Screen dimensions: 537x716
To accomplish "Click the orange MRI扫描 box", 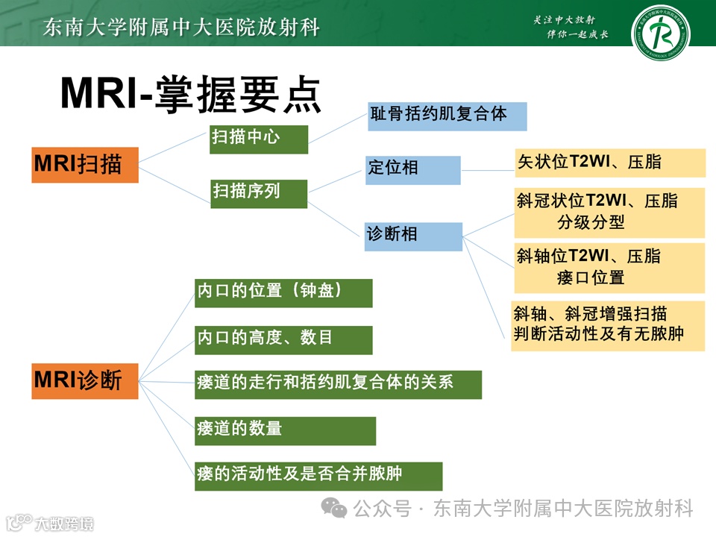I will (x=84, y=164).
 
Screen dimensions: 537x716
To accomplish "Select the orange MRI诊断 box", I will (x=84, y=380).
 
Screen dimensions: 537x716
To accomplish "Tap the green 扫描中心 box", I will (x=258, y=139).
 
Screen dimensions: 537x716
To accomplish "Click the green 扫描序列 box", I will (x=258, y=193).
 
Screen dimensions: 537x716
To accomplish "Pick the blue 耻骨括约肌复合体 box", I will (x=447, y=116).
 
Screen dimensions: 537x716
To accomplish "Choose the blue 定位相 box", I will (x=412, y=170).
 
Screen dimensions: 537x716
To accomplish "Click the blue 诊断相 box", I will (x=413, y=236).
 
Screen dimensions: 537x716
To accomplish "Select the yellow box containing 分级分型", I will (x=609, y=213).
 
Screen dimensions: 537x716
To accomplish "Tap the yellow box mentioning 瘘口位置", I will (x=609, y=267).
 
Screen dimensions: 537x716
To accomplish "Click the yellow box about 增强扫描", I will (x=608, y=325).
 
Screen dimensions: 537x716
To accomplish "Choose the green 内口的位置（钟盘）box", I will (x=283, y=293).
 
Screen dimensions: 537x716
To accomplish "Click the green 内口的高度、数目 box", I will (x=283, y=339).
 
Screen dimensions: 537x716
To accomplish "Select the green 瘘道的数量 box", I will (x=285, y=430).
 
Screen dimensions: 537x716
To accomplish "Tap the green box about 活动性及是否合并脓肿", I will (x=318, y=476).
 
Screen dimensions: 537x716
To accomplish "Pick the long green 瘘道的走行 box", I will (x=337, y=384).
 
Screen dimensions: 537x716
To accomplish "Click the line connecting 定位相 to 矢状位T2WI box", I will (x=489, y=170).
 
